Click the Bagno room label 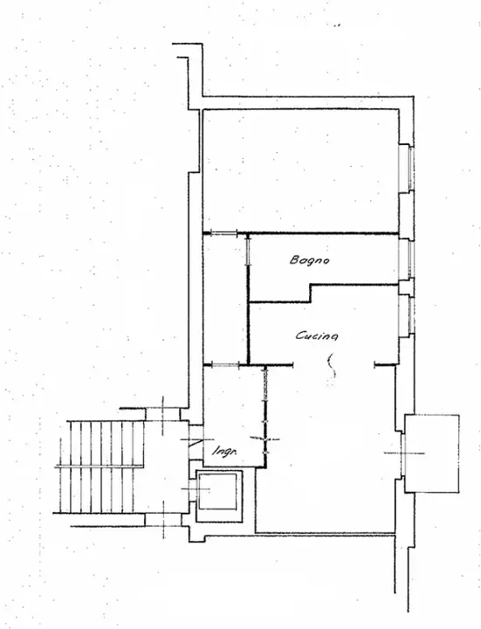point(309,260)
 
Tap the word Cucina point(317,335)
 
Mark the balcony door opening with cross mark point(402,452)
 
